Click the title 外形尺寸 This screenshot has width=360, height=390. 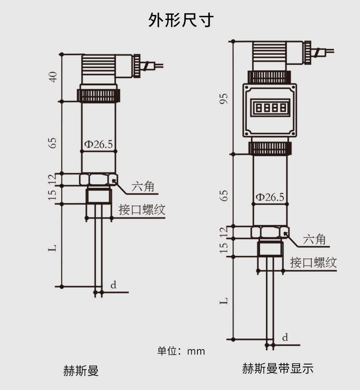pos(181,20)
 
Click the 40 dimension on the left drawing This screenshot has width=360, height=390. pos(53,77)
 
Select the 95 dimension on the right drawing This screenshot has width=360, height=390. pos(225,99)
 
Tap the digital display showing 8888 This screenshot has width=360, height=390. pos(270,108)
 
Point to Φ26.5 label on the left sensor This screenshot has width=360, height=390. pos(99,144)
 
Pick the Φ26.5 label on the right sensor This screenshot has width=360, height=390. pos(269,197)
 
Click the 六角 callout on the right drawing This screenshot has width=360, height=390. pos(314,240)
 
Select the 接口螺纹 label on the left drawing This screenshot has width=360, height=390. pos(142,210)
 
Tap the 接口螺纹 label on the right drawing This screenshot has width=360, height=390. pos(313,262)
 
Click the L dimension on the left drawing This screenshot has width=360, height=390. pos(53,248)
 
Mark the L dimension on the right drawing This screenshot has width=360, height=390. pos(225,301)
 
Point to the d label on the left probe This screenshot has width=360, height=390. pos(113,285)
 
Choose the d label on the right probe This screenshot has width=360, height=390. pos(285,338)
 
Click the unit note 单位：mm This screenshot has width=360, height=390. pos(181,351)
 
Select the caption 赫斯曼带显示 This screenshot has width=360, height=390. pos(277,369)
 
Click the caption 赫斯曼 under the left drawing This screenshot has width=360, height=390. pos(81,371)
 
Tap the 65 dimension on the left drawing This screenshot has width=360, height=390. pos(53,143)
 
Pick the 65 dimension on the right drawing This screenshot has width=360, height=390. pos(225,195)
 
